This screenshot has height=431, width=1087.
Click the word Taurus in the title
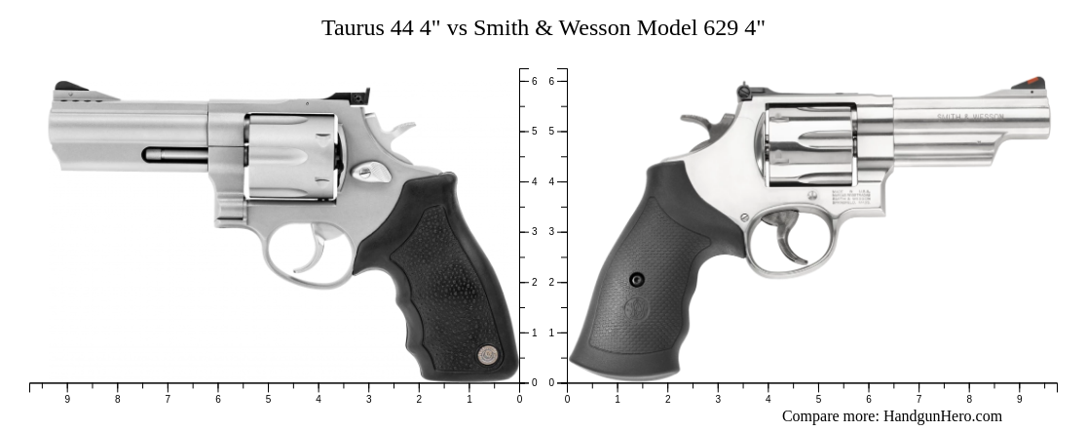coord(353,28)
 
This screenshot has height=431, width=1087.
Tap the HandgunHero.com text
coord(942,416)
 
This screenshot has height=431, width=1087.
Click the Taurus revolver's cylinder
coord(290,157)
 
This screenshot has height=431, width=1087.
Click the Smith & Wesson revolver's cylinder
coord(809,146)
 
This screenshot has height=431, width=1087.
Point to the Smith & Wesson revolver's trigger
coord(790,245)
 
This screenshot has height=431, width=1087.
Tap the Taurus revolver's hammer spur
coord(401,129)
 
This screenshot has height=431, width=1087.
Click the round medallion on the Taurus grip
coord(487,355)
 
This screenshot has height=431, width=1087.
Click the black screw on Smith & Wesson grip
coord(637,280)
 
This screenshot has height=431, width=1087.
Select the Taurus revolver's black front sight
coord(70,88)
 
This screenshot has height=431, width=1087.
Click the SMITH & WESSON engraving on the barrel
coord(970,117)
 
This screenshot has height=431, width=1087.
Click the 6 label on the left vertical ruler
coord(534,81)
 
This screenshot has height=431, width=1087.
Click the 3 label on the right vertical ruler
coord(551,232)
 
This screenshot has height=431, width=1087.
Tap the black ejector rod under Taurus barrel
coord(175,154)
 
